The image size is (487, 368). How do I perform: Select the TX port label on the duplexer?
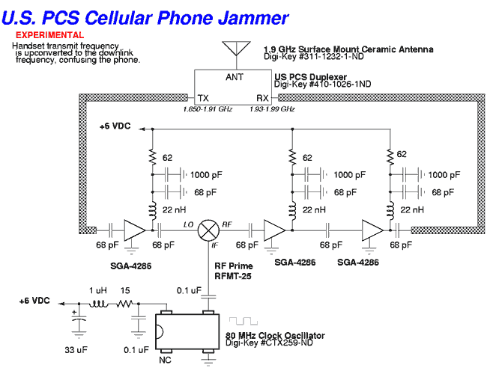(203, 98)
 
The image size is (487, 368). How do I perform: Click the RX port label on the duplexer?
(262, 98)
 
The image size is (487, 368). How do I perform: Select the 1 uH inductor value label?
(97, 289)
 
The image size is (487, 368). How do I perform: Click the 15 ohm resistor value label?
(125, 289)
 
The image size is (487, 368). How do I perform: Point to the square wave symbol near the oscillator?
(243, 321)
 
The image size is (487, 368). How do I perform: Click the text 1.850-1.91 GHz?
(208, 109)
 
